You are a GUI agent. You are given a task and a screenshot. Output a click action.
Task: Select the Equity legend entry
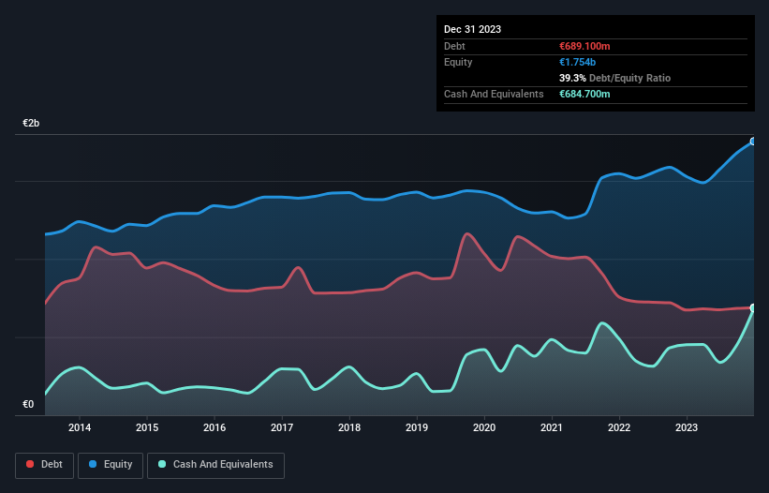click(111, 464)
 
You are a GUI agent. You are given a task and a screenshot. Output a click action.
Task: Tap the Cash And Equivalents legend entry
click(215, 464)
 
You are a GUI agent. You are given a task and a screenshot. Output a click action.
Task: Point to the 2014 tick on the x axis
click(80, 428)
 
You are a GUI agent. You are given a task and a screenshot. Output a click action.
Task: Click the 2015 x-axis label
click(147, 428)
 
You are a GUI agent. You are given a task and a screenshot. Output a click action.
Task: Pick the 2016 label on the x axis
click(214, 428)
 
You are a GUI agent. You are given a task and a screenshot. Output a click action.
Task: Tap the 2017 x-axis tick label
click(282, 428)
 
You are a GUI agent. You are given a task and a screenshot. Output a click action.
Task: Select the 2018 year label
click(349, 428)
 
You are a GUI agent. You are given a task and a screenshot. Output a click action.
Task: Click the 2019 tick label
click(417, 428)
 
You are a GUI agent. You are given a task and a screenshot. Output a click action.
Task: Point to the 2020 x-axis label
click(484, 428)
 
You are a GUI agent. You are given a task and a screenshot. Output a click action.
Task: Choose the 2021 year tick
click(552, 428)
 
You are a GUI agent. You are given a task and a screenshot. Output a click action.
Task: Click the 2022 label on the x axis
click(619, 428)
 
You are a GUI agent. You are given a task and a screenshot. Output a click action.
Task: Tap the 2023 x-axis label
click(687, 428)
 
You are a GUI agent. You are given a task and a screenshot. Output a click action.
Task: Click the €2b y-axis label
click(32, 124)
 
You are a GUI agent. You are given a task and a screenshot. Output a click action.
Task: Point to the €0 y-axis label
click(28, 405)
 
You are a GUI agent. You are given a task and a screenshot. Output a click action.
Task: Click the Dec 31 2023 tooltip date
click(472, 29)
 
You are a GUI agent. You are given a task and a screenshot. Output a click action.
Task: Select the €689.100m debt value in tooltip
click(584, 46)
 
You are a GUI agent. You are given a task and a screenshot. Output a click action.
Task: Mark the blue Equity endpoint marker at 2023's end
click(753, 142)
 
